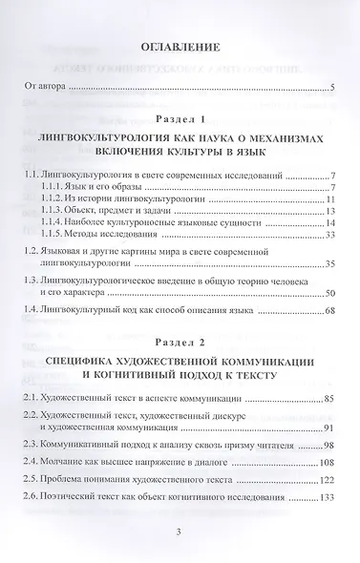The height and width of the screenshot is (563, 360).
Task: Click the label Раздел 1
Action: click(x=180, y=120)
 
